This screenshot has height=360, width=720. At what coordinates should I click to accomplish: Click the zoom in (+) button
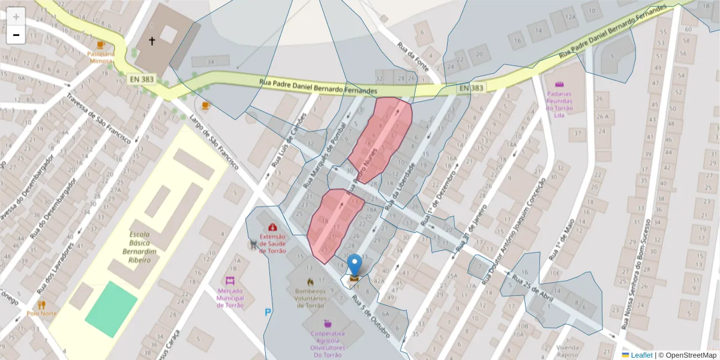pyautogui.click(x=16, y=16)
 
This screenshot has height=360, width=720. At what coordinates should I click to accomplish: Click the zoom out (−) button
pyautogui.click(x=16, y=35)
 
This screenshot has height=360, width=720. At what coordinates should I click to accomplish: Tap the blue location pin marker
pyautogui.click(x=355, y=265)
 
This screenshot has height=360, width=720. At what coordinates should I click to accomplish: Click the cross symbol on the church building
pyautogui.click(x=152, y=41)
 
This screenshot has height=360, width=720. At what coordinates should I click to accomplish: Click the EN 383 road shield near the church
pyautogui.click(x=142, y=79)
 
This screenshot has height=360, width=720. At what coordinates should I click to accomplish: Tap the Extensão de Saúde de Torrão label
pyautogui.click(x=273, y=242)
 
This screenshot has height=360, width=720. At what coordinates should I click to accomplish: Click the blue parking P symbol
pyautogui.click(x=268, y=312)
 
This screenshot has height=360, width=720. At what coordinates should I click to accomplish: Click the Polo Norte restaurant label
pyautogui.click(x=41, y=313)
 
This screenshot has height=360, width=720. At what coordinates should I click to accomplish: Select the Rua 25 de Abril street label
pyautogui.click(x=533, y=286)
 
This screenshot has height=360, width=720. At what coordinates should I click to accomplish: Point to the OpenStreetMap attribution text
pyautogui.click(x=690, y=355)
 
